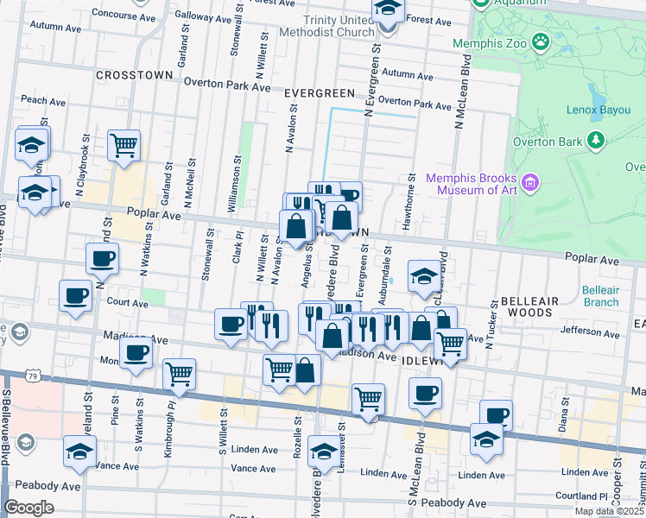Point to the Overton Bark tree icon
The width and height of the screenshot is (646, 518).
594,139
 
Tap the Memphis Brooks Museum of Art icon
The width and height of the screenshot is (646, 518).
530,182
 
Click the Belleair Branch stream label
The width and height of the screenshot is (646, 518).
600,296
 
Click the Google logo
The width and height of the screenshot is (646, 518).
29,508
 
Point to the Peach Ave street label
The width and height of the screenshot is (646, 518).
44,100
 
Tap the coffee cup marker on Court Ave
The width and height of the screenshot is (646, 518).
75,295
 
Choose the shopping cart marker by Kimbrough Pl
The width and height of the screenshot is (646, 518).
179,373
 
